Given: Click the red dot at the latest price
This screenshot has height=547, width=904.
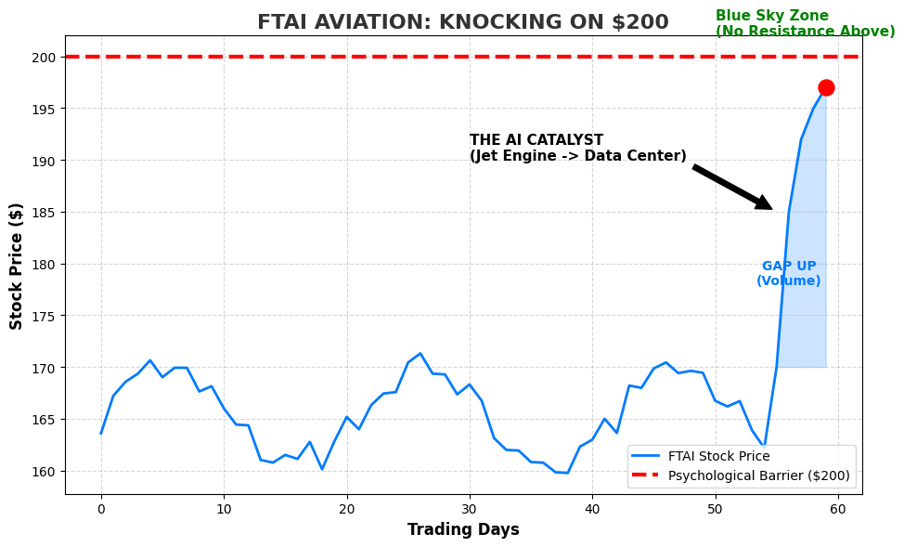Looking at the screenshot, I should [x=825, y=88].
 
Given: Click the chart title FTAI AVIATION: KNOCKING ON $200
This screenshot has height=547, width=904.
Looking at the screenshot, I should [x=462, y=22].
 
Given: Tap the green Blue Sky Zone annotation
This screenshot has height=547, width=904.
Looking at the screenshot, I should [x=805, y=24].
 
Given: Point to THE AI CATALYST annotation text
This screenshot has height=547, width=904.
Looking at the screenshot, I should [x=577, y=149].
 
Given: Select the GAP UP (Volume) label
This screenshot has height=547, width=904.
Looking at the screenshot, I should [x=788, y=274].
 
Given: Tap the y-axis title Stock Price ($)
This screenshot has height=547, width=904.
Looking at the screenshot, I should [x=17, y=266].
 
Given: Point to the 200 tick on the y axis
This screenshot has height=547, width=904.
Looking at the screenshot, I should [x=45, y=57].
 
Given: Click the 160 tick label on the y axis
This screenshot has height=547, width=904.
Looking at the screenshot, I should [x=45, y=472].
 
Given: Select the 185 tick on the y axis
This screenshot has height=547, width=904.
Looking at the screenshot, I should [x=45, y=213].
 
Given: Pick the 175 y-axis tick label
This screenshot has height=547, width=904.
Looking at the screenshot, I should [x=45, y=317].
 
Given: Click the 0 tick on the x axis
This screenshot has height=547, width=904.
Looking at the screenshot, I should [x=101, y=508].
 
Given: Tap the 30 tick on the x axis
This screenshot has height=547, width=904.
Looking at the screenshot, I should [x=470, y=508].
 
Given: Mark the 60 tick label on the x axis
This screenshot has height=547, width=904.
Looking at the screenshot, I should [x=837, y=508].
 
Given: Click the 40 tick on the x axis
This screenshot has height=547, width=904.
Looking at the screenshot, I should [x=592, y=508].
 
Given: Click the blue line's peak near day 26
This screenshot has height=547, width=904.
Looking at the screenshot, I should [x=420, y=353].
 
